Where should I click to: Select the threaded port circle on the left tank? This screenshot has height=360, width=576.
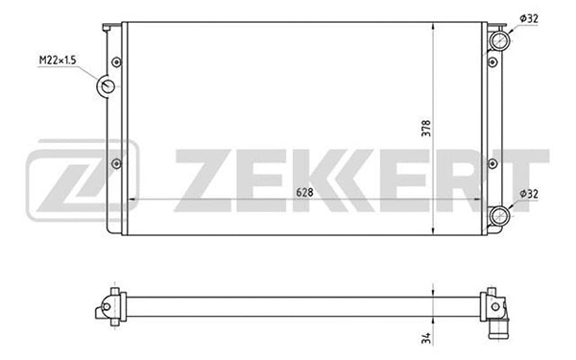point(107,86)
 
